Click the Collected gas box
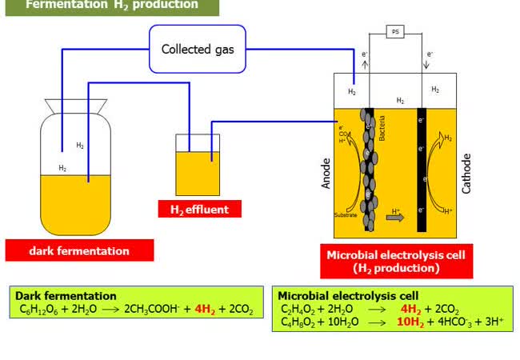[x=198, y=49]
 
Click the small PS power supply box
[x=395, y=32]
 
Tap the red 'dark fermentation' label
[x=79, y=250]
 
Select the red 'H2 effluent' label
[x=199, y=210]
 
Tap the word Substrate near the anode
[x=346, y=214]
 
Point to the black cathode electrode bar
[x=422, y=169]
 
